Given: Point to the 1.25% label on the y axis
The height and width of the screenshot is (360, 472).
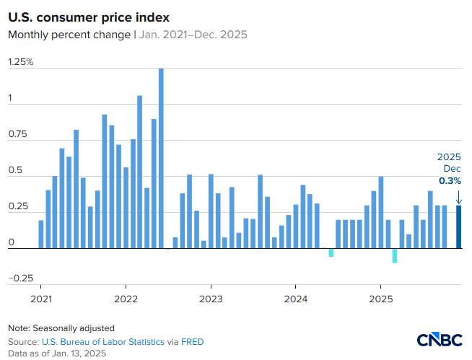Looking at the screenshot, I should pyautogui.click(x=21, y=62).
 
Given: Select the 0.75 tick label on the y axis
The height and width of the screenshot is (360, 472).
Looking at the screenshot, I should pyautogui.click(x=17, y=134).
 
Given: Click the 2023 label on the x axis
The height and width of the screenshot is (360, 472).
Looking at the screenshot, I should pyautogui.click(x=211, y=298).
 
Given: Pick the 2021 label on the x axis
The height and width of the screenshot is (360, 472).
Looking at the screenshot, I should pyautogui.click(x=41, y=298).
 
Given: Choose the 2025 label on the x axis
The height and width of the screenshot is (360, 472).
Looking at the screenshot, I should pyautogui.click(x=380, y=298).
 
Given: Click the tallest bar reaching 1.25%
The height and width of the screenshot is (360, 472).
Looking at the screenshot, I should pyautogui.click(x=161, y=158).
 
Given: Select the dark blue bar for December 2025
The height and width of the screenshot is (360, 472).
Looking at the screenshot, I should pyautogui.click(x=458, y=227).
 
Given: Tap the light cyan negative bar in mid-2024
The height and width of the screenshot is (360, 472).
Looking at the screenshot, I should pyautogui.click(x=331, y=253).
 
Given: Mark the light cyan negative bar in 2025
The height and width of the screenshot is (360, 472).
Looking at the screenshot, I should pyautogui.click(x=395, y=256).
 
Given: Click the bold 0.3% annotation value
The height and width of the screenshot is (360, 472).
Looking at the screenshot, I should pyautogui.click(x=450, y=181).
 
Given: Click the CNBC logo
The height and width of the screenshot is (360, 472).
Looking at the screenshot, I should pyautogui.click(x=440, y=340).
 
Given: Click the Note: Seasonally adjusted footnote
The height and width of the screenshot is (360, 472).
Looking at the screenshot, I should pyautogui.click(x=61, y=328).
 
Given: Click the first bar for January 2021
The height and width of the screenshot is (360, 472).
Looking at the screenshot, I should pyautogui.click(x=41, y=234).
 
